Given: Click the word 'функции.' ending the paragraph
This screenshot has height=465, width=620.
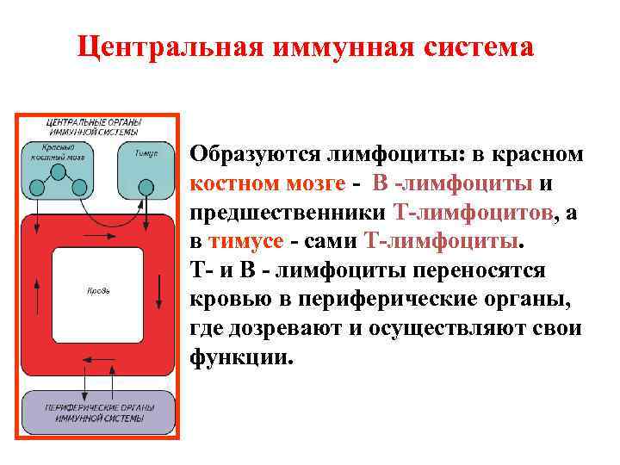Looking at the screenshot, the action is click(x=242, y=356).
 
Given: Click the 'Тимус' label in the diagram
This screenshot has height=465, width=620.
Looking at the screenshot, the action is click(x=147, y=152).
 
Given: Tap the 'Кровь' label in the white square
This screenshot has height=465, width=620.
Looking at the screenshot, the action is click(x=97, y=290).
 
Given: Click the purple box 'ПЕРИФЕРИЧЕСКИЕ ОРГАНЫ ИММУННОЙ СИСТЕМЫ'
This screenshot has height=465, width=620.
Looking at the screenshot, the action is click(x=97, y=411).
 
